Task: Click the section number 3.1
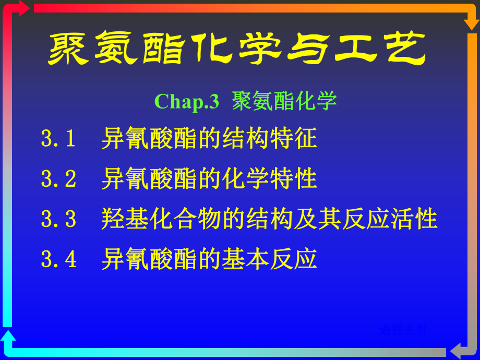coord(59,139)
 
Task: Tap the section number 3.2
coord(59,179)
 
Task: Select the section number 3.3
coord(59,219)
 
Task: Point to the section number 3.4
coord(59,259)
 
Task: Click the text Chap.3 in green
coord(187,101)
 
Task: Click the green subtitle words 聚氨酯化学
coord(285,101)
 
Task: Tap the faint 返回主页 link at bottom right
coord(404,329)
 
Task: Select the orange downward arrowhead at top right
coord(472,23)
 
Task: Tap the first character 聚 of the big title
coord(70,50)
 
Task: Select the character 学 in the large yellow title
coord(260,50)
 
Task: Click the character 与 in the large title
coord(308,50)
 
